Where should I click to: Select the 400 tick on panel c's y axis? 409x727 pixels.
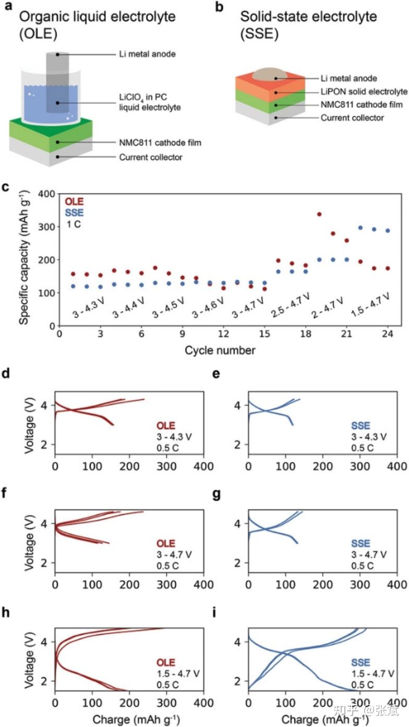(47, 194)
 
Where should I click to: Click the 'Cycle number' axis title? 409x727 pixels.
(220, 350)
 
